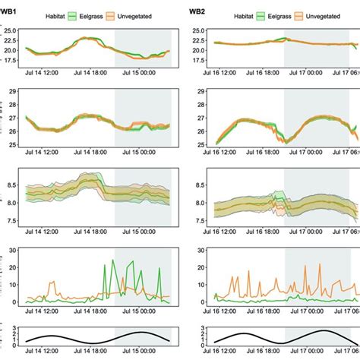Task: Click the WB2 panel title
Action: point(199,9)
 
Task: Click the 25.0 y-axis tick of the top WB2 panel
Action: point(200,31)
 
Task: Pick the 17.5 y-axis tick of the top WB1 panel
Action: point(13,59)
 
